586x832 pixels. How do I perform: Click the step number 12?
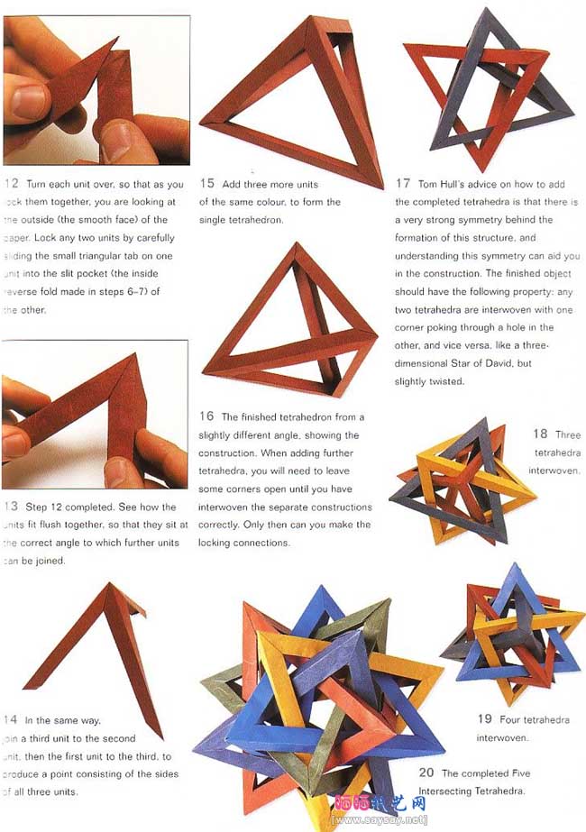[12, 184]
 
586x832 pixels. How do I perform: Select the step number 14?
[11, 719]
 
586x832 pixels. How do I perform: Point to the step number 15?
[207, 183]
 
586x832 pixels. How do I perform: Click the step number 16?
[207, 416]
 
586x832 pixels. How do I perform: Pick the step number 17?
[403, 183]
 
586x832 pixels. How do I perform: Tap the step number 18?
[540, 434]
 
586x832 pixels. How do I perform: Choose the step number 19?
[484, 718]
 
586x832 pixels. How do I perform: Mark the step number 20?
[426, 773]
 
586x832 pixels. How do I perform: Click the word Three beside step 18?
[568, 434]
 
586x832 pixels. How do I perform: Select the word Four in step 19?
[510, 719]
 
